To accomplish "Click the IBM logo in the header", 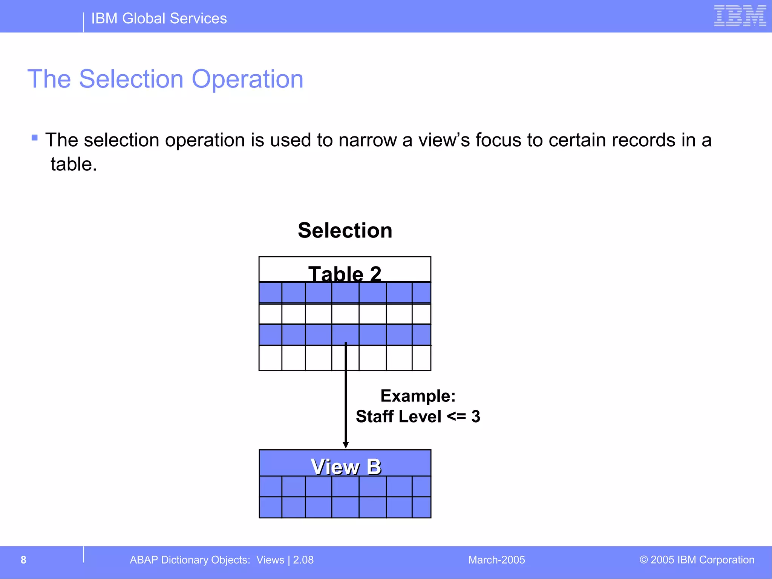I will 740,16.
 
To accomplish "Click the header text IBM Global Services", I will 159,18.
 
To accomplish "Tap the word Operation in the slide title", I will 247,79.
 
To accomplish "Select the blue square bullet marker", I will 35,138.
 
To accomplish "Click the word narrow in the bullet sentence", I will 368,140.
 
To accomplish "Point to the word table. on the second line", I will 74,164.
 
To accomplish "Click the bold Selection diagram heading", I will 345,230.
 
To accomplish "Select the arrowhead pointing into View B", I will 346,445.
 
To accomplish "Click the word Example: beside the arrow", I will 418,396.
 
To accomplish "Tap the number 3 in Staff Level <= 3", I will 476,417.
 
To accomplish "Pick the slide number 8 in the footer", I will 23,560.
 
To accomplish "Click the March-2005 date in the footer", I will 496,560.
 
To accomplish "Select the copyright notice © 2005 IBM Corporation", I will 697,560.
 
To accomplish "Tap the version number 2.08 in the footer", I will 303,560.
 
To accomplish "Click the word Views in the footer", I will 270,560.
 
